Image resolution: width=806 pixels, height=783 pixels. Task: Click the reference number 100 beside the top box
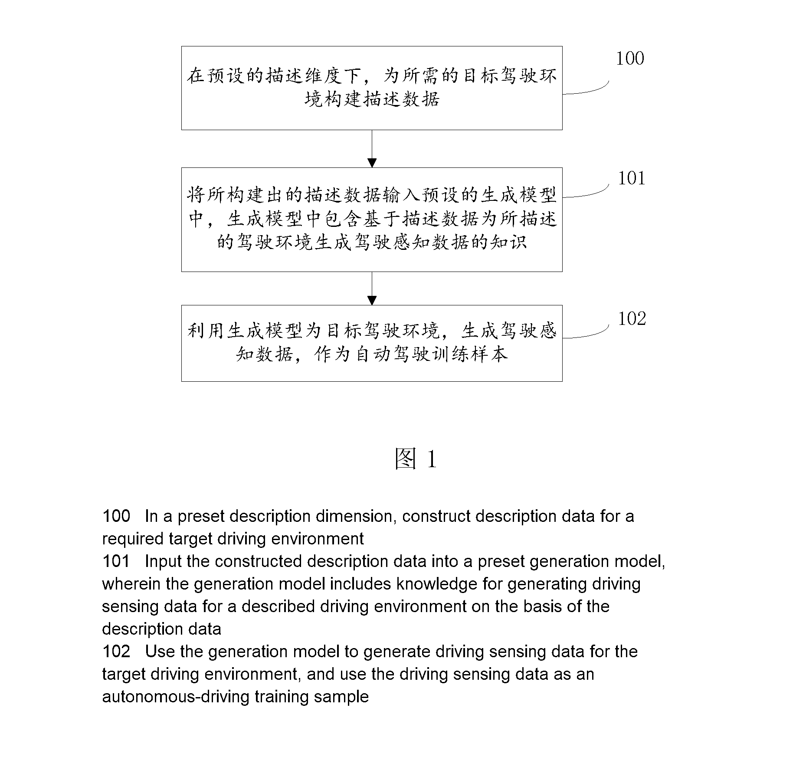630,59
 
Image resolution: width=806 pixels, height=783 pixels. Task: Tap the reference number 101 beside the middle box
632,178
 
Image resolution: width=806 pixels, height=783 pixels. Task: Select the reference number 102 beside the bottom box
632,319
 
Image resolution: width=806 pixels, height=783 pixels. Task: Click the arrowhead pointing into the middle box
372,163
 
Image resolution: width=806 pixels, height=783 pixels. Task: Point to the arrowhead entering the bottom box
372,301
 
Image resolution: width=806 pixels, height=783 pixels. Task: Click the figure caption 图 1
415,459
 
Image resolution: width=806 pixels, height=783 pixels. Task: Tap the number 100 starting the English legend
116,516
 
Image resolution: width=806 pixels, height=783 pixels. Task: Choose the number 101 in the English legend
116,561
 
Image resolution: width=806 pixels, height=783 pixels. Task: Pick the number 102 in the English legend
116,652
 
